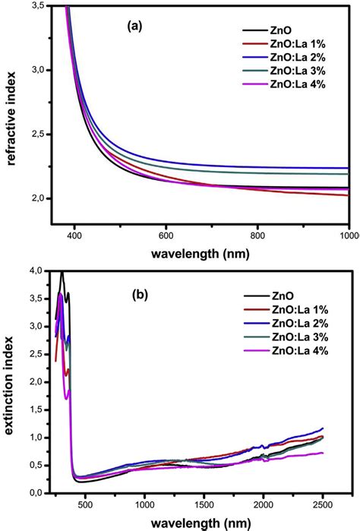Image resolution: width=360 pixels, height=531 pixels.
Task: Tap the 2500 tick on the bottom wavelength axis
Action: click(x=322, y=503)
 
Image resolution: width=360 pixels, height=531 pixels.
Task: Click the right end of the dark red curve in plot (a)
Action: click(x=349, y=195)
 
